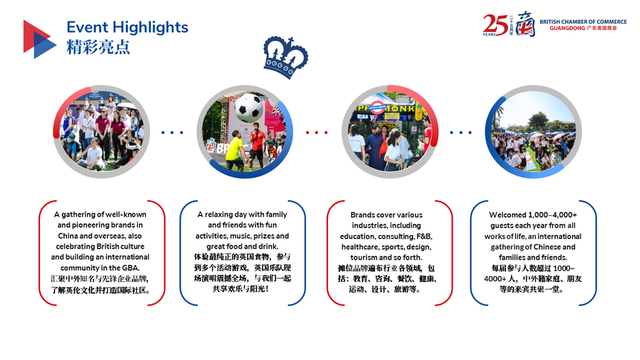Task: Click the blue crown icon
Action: click(286, 57)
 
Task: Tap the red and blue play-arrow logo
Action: click(39, 39)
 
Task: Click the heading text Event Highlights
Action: click(127, 28)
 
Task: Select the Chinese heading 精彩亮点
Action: click(98, 47)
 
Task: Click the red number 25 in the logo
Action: click(495, 25)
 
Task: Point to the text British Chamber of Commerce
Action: click(583, 22)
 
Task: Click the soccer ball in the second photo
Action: click(249, 108)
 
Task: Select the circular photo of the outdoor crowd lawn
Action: click(533, 132)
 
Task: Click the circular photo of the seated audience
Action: click(101, 132)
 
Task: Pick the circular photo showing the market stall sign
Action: click(390, 132)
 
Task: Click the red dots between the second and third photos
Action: click(317, 132)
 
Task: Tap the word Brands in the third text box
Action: click(361, 215)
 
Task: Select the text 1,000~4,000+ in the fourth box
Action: click(553, 215)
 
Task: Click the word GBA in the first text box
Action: click(131, 268)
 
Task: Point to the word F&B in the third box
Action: click(424, 237)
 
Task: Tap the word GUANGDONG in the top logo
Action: click(567, 28)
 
